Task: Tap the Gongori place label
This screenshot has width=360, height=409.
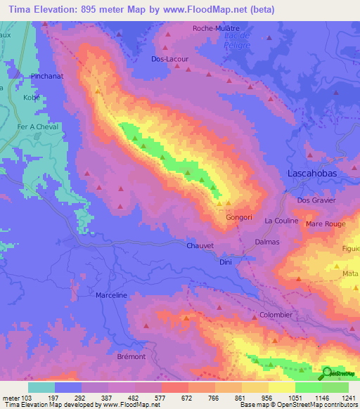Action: coord(238,218)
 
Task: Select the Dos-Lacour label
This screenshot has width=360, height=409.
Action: coord(169,59)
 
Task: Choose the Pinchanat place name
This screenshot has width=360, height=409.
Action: coord(47,74)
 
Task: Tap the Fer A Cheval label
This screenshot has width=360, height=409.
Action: coord(38,126)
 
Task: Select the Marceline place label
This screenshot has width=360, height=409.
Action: coord(111,295)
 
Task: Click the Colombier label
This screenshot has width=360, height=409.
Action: coord(276,315)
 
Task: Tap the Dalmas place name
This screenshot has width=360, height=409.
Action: coord(266,242)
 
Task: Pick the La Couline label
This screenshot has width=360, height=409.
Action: coord(281,221)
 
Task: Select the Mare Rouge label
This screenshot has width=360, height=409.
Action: coord(326,224)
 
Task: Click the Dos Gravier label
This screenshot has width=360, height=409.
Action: coord(317,200)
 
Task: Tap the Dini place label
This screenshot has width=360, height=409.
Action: coord(226,262)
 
